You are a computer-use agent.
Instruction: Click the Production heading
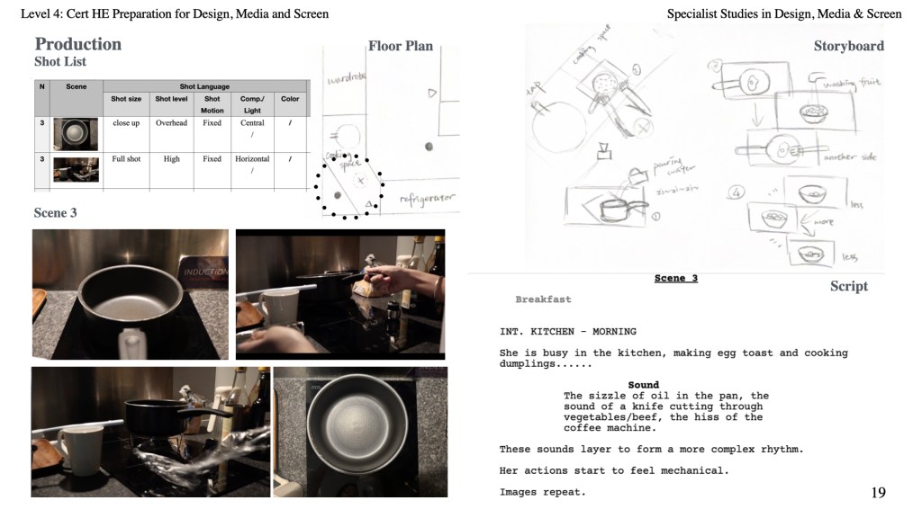coord(77,44)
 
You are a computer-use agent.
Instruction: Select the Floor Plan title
coord(400,46)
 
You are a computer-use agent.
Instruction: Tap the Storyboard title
coord(848,46)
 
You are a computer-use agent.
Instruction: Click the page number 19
coord(878,492)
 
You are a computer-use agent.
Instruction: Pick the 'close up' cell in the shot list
coord(126,122)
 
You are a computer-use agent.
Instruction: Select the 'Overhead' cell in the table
coord(171,122)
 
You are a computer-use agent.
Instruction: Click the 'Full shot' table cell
coord(126,159)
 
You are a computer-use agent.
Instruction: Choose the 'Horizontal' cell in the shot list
coord(252,159)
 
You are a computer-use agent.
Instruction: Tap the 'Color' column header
coord(290,99)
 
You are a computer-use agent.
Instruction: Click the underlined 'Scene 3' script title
coord(675,279)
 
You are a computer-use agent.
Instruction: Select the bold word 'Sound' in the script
coord(643,385)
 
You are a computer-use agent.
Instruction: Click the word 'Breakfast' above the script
coord(543,299)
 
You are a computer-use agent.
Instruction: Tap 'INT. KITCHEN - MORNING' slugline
coord(567,332)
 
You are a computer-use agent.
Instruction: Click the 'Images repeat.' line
coord(542,492)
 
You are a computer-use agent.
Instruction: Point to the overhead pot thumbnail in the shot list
coord(76,133)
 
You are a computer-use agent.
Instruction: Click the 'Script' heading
coord(848,286)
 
